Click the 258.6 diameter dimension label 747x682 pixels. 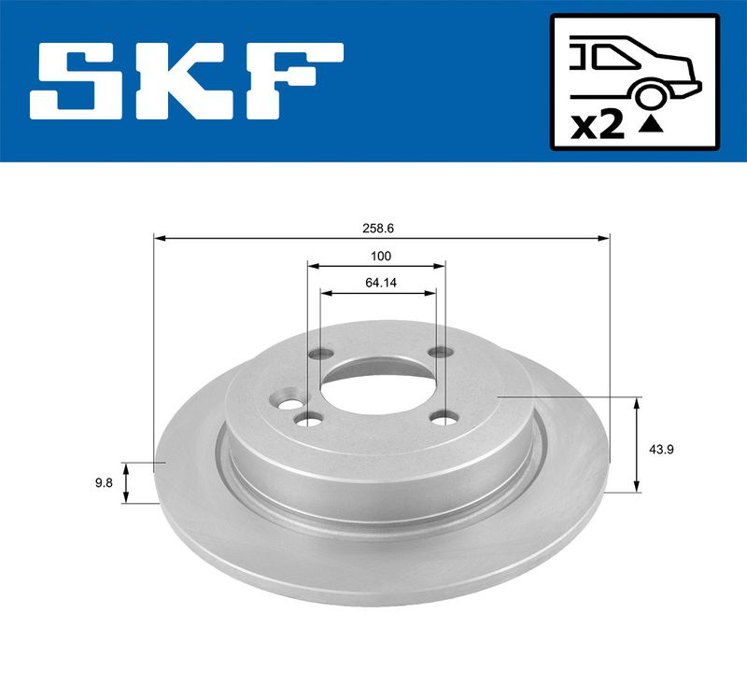378,229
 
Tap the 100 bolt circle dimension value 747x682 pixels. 381,256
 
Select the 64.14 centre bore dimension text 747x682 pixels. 381,283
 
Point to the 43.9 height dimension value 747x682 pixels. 661,450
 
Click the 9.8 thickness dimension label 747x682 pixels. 104,483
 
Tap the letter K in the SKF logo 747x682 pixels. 190,81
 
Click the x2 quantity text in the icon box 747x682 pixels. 598,127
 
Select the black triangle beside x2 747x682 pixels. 650,125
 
